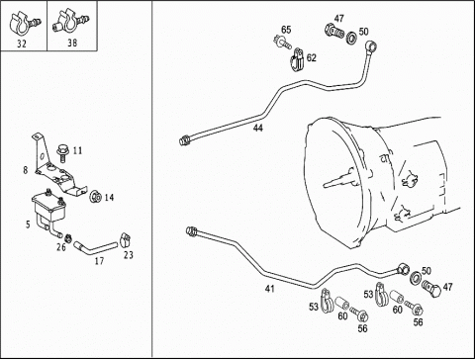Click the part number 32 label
[x=22, y=44]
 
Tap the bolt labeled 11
[x=61, y=153]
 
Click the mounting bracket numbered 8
[x=57, y=168]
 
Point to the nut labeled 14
[x=96, y=197]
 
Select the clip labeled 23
[x=125, y=240]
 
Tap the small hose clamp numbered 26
[x=68, y=237]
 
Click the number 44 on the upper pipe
[x=258, y=128]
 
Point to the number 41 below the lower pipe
[x=270, y=289]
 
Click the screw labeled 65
[x=282, y=43]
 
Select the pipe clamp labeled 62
[x=298, y=60]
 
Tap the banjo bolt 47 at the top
[x=333, y=31]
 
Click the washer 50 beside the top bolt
[x=351, y=38]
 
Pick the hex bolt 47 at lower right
[x=430, y=289]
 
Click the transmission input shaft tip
[x=326, y=185]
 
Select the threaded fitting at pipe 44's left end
[x=185, y=139]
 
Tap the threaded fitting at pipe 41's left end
[x=192, y=230]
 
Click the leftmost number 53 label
[x=314, y=307]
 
